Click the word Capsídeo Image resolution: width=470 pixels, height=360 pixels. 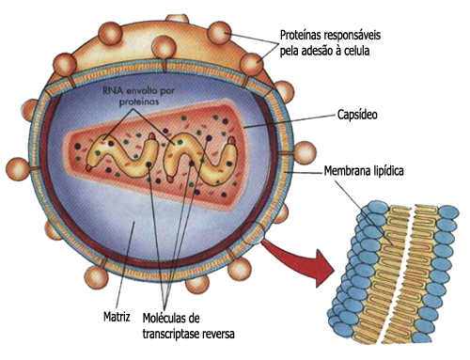click(357, 115)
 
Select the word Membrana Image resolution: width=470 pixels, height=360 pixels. click(344, 171)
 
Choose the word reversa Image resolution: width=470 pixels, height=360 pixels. click(219, 334)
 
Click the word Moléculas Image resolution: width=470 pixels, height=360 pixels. click(164, 318)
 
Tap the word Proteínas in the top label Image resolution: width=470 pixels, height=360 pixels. click(300, 35)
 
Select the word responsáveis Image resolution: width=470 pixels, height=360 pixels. click(352, 36)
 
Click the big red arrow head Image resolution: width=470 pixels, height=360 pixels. click(321, 267)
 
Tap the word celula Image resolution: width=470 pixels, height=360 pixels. click(356, 51)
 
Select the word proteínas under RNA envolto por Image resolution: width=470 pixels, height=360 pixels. click(139, 102)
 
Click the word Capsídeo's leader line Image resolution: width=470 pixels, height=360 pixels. click(289, 121)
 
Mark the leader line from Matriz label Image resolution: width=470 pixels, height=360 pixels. click(125, 265)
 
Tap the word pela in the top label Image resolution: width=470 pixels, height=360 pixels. click(289, 52)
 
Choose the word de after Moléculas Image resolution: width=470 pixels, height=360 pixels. click(193, 318)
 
